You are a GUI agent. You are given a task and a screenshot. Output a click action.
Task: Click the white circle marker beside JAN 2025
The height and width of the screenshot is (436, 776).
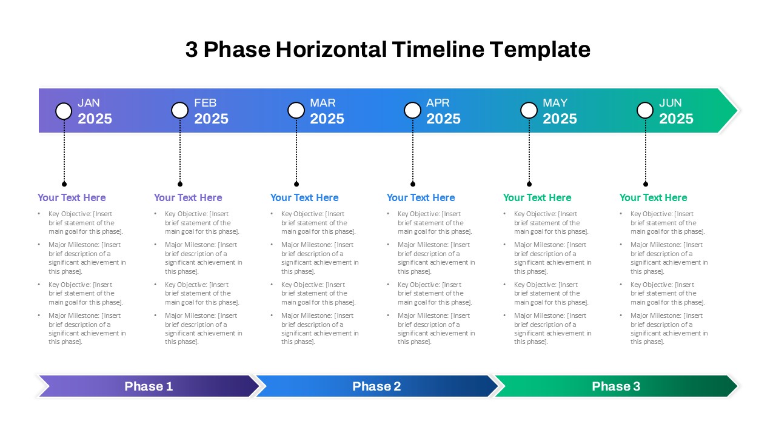64,111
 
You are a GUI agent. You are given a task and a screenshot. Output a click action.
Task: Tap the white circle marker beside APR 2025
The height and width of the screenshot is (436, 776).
412,110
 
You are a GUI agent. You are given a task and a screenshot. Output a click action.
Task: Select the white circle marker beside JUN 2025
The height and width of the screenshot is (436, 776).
645,110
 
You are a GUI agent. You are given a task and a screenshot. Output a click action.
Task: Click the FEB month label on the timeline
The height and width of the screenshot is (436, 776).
205,103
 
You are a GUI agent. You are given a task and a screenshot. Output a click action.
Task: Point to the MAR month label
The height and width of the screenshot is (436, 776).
323,103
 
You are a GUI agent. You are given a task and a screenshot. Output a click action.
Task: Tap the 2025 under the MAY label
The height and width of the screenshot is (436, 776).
560,119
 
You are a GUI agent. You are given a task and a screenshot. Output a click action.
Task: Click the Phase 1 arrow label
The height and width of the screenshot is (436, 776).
149,386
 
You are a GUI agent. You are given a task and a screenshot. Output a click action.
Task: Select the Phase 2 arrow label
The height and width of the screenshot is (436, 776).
376,386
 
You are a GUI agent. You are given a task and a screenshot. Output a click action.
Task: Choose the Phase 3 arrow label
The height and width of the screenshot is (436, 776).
616,386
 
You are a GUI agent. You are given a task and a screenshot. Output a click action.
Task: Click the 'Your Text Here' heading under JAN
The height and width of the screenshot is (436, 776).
72,197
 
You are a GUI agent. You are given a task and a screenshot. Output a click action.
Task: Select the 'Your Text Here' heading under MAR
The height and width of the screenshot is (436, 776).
304,197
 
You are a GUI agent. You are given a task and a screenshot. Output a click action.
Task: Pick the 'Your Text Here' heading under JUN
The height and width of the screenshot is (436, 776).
653,197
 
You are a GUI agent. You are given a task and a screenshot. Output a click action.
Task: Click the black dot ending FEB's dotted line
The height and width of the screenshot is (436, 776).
180,184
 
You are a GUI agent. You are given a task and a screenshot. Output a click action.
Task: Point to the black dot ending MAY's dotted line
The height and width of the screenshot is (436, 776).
529,184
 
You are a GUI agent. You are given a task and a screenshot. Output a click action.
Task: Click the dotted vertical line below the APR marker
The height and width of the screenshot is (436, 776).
413,151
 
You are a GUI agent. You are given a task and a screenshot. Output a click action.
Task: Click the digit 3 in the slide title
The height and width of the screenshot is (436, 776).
192,50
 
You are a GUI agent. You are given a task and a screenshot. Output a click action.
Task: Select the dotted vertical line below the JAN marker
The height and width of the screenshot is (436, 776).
64,151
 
